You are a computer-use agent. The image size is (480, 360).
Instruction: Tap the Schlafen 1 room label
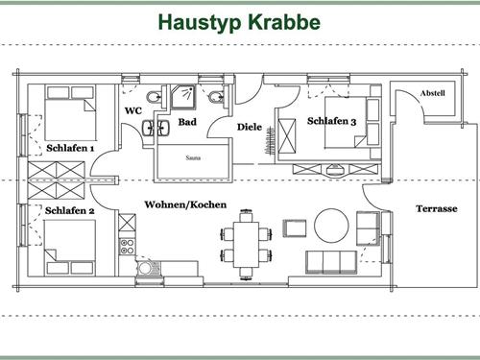pyautogui.click(x=70, y=149)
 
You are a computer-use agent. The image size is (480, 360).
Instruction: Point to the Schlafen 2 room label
pyautogui.click(x=69, y=209)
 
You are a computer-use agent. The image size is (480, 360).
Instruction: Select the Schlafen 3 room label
pyautogui.click(x=331, y=121)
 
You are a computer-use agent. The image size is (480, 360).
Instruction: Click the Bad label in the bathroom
pyautogui.click(x=187, y=123)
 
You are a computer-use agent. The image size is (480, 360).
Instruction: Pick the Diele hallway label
pyautogui.click(x=251, y=127)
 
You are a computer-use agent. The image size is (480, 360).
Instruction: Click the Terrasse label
pyautogui.click(x=435, y=208)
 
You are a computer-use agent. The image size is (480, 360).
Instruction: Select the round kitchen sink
pyautogui.click(x=145, y=268)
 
